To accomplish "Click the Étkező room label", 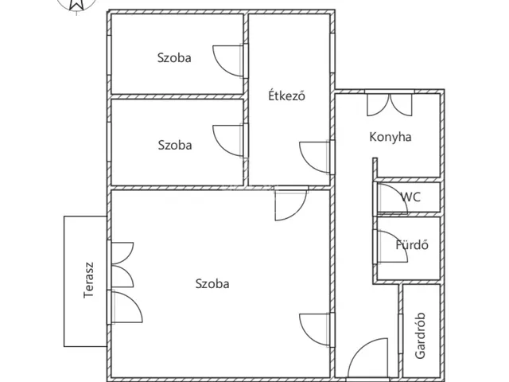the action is [286, 95].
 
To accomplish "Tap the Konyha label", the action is [390, 137].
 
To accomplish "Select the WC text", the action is [410, 197].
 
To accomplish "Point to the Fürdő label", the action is [412, 244].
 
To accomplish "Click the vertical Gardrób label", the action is [420, 336].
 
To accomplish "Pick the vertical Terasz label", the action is [88, 280].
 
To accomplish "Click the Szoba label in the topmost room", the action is [174, 58].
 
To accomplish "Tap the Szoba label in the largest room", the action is [212, 283].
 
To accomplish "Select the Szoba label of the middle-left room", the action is [175, 145].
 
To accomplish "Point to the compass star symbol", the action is [76, 4].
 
